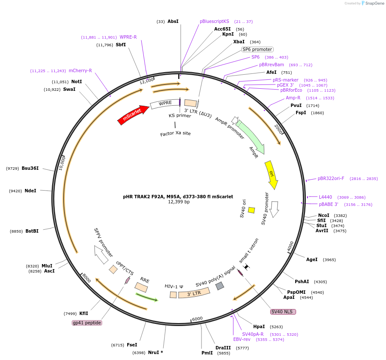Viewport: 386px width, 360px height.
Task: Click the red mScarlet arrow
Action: pos(133,115)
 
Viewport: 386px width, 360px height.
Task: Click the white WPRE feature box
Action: pos(165,104)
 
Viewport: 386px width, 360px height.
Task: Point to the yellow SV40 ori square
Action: pos(252,210)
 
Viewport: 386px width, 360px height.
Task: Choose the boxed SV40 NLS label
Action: pos(283,312)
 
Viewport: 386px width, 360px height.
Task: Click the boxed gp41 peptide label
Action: pos(87,323)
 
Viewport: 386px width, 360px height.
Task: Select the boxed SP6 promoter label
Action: pos(257,49)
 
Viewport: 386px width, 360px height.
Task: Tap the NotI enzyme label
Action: pos(76,82)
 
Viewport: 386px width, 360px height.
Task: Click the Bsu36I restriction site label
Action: pos(30,168)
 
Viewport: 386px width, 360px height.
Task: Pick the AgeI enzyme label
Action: pos(312,259)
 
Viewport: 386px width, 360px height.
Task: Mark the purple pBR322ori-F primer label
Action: pos(331,178)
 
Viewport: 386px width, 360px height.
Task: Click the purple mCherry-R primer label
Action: pos(80,71)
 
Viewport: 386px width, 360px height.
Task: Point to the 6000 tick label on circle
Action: pos(197,319)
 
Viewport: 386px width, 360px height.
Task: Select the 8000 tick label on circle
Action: pos(87,278)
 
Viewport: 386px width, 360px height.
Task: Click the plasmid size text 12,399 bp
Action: pos(179,202)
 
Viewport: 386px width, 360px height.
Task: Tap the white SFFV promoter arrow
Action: pos(101,255)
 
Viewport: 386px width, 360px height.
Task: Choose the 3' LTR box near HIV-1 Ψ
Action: pos(194,293)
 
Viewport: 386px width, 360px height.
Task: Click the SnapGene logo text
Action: pos(375,3)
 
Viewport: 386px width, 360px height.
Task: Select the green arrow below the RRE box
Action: pos(147,297)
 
